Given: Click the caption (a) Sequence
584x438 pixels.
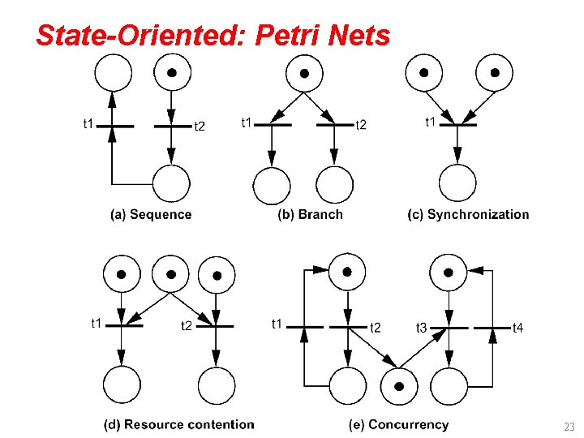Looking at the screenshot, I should pos(151,215).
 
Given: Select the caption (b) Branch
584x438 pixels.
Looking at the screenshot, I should pos(310,215).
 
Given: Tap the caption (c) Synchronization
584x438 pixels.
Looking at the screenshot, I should pos(468,215).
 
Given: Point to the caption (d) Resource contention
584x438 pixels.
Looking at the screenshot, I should pos(178,424).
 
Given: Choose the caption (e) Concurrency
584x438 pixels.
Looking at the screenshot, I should pos(398,424).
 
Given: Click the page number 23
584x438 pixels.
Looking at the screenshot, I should pos(568,426).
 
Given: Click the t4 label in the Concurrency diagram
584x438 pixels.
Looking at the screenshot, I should pos(517,328).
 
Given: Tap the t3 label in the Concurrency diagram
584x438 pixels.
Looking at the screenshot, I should pos(421,328).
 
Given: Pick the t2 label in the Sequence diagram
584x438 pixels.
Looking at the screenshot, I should pos(200,126).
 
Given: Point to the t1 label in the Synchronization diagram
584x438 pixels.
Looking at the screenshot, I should pos(433,122).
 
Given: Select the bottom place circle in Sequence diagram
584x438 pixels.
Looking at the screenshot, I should pos(171,183).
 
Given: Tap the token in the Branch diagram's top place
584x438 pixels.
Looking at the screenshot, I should pos(304,73).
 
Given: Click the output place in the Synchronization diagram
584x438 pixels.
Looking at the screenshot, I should pos(457,183).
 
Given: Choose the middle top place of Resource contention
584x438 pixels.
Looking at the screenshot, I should pos(171,274).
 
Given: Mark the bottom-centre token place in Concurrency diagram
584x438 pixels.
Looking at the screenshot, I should pos(398,386).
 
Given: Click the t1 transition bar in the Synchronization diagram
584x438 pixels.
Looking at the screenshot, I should pos(457,126).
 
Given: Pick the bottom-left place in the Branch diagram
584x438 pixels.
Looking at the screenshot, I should pos(272,185).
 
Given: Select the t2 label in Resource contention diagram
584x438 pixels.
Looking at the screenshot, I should pos(187,326).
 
